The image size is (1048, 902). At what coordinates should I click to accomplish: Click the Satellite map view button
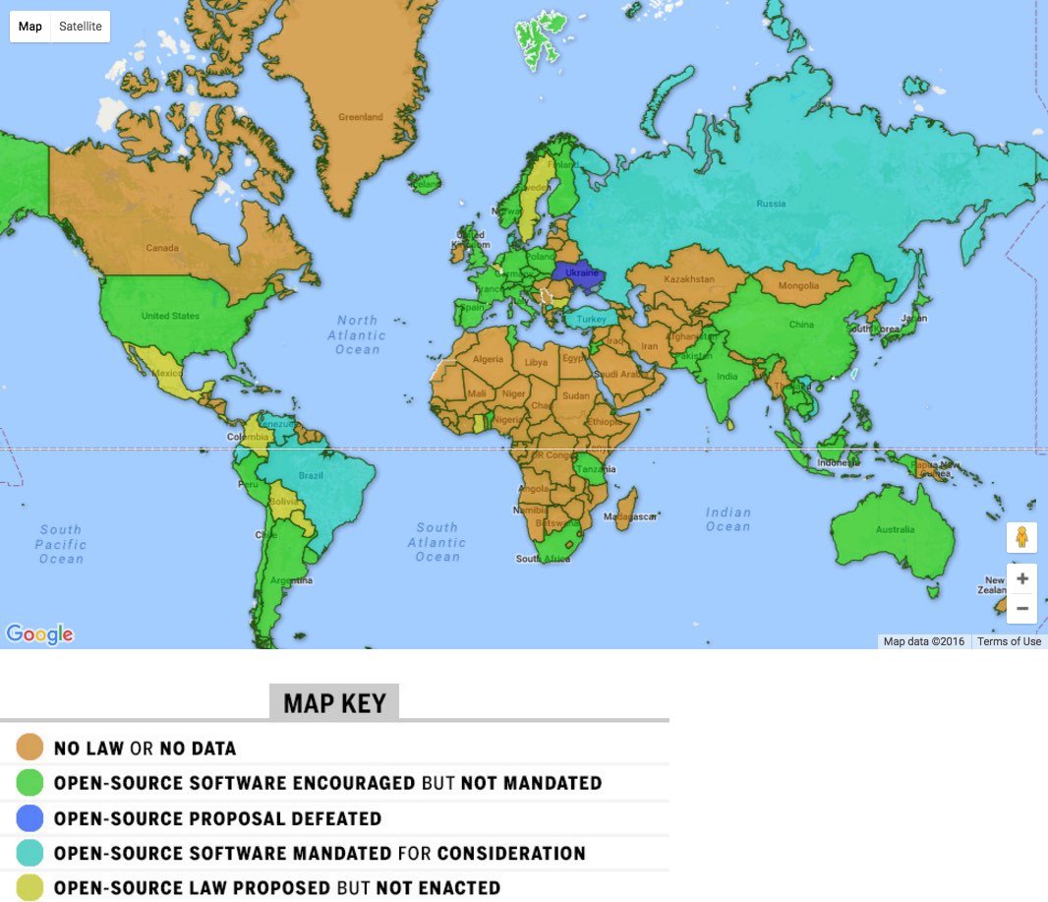pos(81,27)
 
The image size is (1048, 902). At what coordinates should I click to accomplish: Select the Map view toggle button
pos(30,27)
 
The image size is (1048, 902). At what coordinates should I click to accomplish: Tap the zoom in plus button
pos(1022,578)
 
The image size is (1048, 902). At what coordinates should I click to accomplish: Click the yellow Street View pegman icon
pos(1022,538)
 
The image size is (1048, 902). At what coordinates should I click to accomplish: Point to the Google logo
pos(39,634)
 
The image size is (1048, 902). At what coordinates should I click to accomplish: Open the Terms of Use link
pos(1009,641)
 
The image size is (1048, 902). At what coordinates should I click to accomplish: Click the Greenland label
pos(361,117)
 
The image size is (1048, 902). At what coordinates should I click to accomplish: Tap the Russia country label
pos(771,205)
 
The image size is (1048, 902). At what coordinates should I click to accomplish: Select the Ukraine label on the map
pos(582,272)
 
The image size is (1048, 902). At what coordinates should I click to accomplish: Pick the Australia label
pos(895,530)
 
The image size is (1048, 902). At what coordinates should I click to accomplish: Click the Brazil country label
pos(311,475)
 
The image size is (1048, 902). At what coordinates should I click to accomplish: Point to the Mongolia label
pos(798,286)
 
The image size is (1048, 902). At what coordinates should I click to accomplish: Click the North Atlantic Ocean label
pos(357,334)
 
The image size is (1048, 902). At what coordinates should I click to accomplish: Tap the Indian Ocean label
pos(728,519)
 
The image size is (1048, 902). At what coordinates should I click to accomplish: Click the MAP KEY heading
pos(334,703)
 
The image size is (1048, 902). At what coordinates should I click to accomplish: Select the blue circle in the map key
pos(30,817)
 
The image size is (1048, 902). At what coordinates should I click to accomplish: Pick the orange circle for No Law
pos(30,748)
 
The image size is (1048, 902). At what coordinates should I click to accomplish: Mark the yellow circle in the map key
pos(30,887)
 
